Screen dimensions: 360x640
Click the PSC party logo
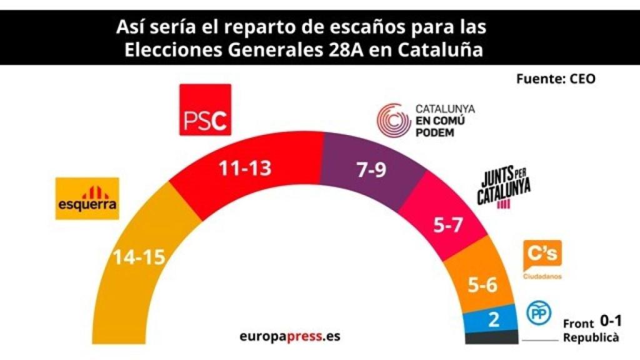206,109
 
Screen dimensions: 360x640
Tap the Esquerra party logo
87,198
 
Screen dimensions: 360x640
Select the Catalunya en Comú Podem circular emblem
392,120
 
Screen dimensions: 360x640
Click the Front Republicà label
591,331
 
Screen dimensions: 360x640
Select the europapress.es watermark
290,336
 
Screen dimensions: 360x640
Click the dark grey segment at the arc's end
492,337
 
